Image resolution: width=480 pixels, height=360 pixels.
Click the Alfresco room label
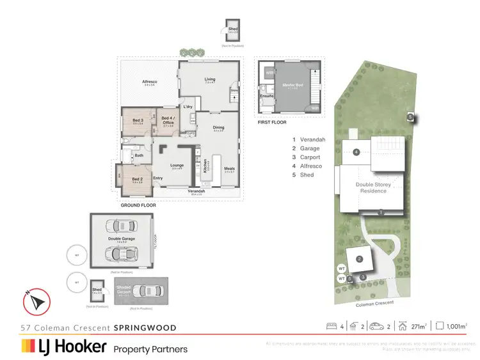point(150,82)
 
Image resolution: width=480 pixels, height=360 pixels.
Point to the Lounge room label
point(177,165)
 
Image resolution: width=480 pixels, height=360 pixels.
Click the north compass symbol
point(36,300)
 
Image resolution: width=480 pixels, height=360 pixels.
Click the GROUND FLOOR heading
point(138,205)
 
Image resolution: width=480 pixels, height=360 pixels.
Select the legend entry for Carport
point(307,157)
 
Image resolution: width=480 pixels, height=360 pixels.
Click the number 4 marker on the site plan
point(356,152)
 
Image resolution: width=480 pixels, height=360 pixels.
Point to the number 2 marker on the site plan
point(360,259)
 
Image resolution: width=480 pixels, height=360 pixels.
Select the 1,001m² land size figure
point(458,325)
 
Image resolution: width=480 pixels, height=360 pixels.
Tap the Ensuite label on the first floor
point(267,96)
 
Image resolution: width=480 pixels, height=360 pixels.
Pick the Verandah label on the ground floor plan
point(196,191)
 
